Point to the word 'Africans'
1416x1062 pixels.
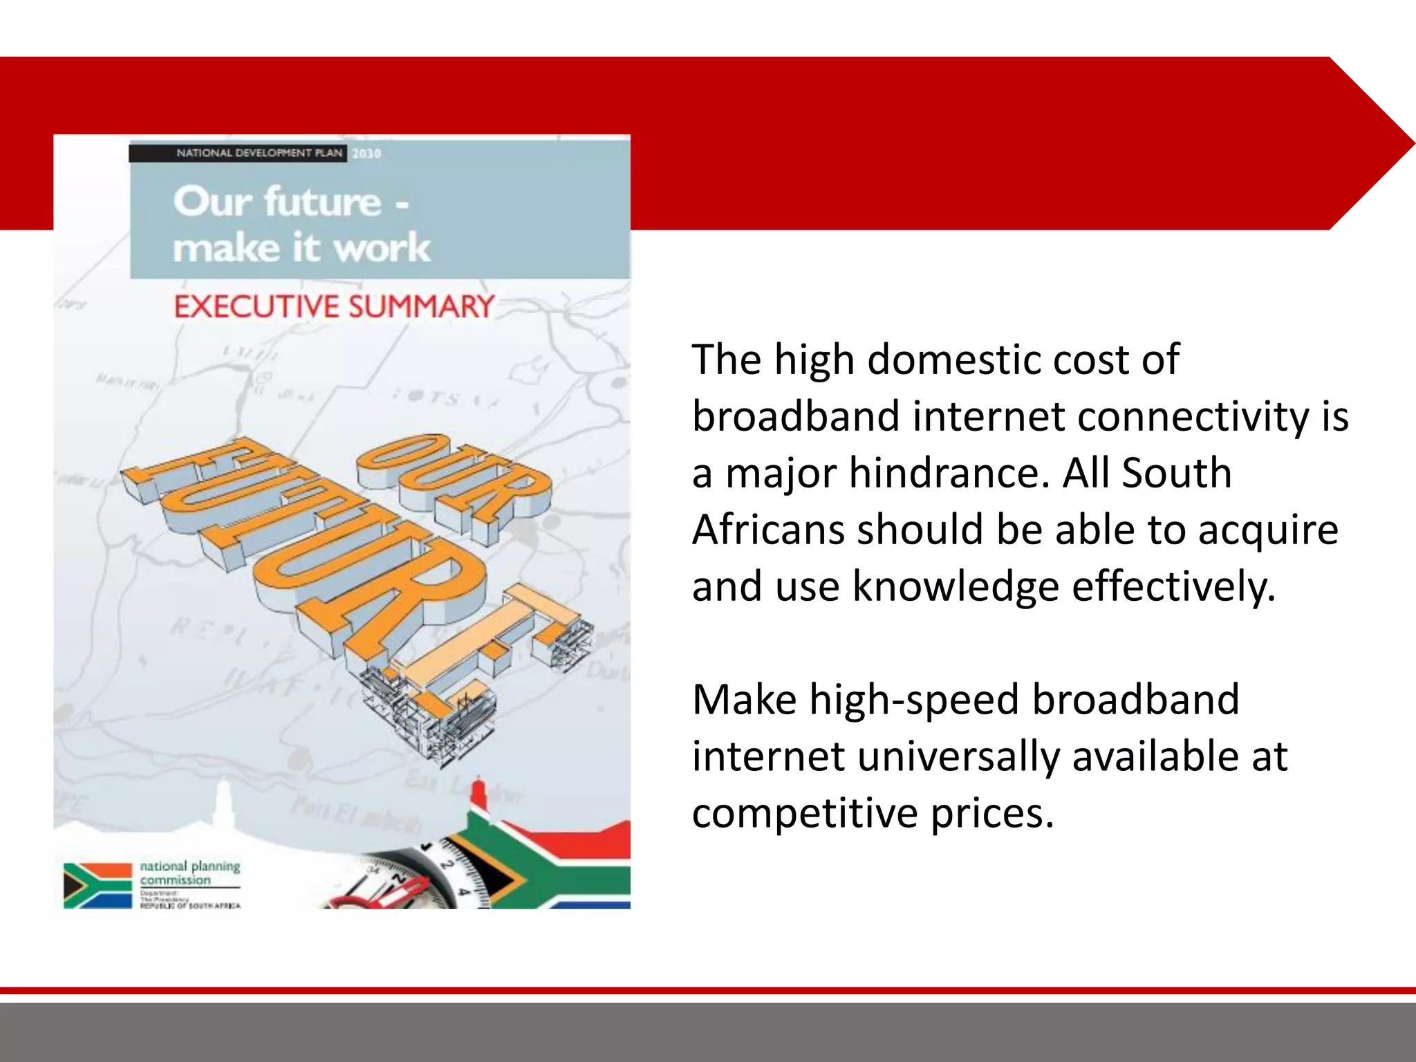(x=768, y=530)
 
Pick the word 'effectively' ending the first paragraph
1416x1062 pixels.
(x=1173, y=586)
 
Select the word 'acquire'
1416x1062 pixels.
(x=1268, y=530)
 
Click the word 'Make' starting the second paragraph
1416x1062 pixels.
(x=744, y=700)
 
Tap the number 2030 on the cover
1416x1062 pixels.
(x=366, y=153)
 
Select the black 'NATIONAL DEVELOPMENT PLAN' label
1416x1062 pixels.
(x=259, y=153)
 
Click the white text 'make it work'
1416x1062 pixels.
(x=301, y=248)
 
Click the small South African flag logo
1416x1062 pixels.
(x=97, y=885)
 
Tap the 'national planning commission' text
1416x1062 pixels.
(x=189, y=873)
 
